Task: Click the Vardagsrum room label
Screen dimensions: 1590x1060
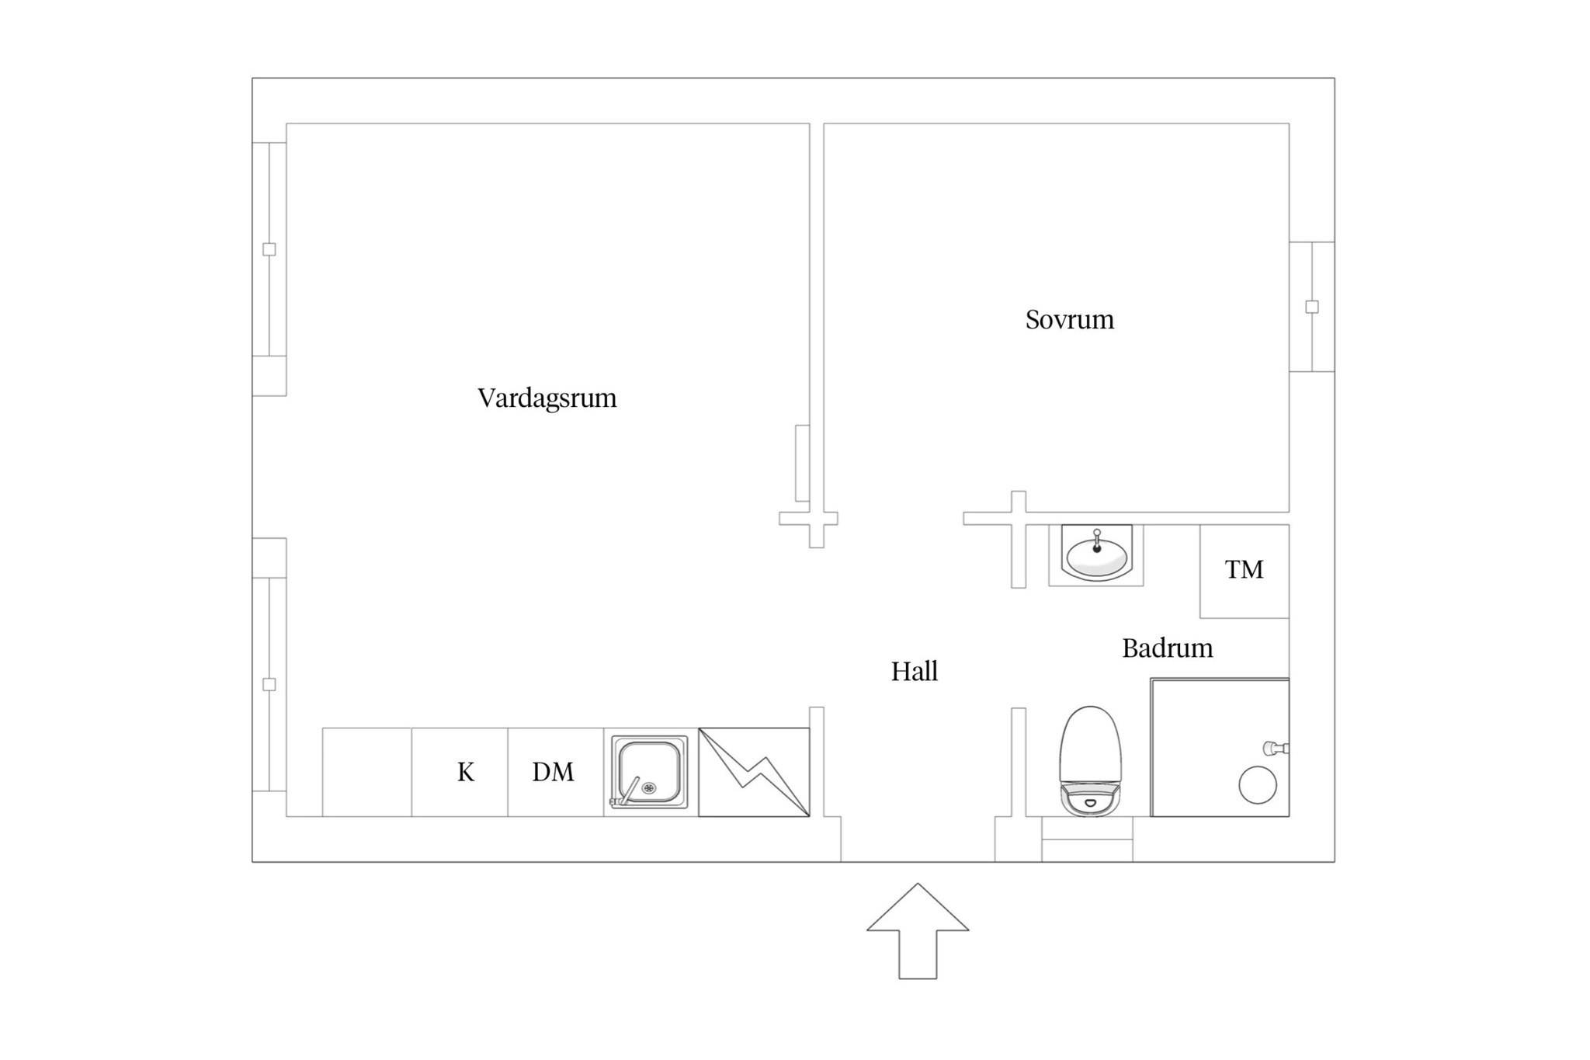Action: pyautogui.click(x=547, y=398)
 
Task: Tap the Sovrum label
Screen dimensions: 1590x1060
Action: pyautogui.click(x=1069, y=320)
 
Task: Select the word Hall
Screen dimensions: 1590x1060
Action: pyautogui.click(x=914, y=671)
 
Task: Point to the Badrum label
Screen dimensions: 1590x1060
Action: pyautogui.click(x=1167, y=648)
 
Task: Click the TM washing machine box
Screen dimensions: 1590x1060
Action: pyautogui.click(x=1245, y=572)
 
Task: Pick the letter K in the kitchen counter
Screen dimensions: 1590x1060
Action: pyautogui.click(x=465, y=772)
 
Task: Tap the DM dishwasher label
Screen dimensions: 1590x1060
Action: pyautogui.click(x=553, y=772)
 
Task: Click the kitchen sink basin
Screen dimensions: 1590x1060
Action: pyautogui.click(x=649, y=772)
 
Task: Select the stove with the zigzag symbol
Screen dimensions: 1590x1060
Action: pyautogui.click(x=754, y=772)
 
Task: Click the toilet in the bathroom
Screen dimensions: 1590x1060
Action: pyautogui.click(x=1090, y=761)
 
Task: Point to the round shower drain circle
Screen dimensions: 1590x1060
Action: pyautogui.click(x=1258, y=785)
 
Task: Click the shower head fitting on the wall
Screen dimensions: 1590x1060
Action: pyautogui.click(x=1276, y=749)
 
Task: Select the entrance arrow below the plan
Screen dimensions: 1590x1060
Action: pyautogui.click(x=918, y=931)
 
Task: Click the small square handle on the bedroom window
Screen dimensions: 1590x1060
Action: pyautogui.click(x=1312, y=307)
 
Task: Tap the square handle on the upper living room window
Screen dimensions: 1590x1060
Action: pyautogui.click(x=269, y=249)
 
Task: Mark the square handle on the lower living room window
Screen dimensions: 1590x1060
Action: pyautogui.click(x=269, y=684)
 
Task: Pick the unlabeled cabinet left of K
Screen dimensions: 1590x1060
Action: pyautogui.click(x=367, y=772)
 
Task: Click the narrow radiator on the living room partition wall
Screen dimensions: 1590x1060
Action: pyautogui.click(x=802, y=463)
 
